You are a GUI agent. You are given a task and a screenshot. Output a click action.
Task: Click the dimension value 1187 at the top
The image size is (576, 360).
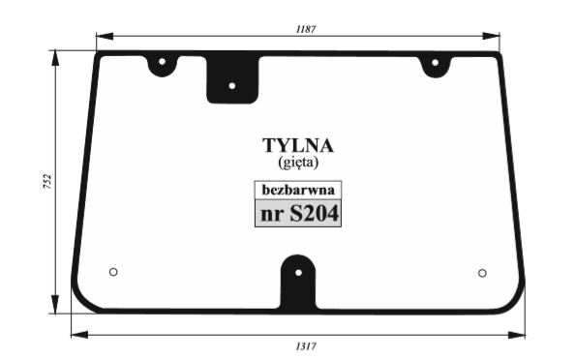click(x=306, y=29)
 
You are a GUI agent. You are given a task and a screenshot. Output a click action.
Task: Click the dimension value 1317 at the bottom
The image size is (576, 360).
click(x=306, y=346)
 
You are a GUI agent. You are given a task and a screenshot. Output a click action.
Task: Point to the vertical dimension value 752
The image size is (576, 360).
click(x=47, y=182)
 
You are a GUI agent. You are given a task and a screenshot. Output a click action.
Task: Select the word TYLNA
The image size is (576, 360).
click(x=298, y=145)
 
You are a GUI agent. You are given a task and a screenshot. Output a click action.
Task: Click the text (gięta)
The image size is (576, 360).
click(x=298, y=162)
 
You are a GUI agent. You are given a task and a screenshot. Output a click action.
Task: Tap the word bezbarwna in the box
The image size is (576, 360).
click(x=298, y=190)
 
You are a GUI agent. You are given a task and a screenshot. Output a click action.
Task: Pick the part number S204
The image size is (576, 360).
click(x=314, y=214)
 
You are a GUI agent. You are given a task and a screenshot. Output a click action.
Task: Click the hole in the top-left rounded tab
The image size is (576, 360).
click(x=162, y=61)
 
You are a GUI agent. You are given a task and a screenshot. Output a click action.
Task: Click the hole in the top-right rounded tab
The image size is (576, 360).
click(x=436, y=63)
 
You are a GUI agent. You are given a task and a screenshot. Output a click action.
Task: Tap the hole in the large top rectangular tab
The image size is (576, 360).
click(x=232, y=86)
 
